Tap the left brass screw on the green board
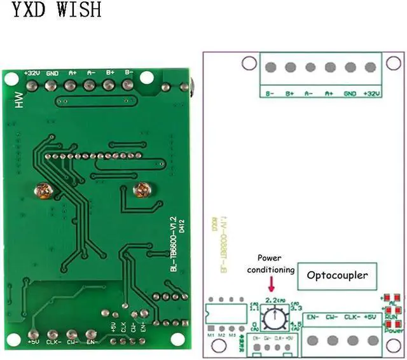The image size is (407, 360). (x=44, y=189)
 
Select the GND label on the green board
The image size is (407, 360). (x=52, y=73)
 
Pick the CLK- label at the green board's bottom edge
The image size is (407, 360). (x=53, y=342)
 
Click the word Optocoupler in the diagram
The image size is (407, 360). (x=337, y=275)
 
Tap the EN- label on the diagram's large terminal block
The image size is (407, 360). (x=312, y=317)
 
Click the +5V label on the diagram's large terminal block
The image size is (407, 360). (x=375, y=317)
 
